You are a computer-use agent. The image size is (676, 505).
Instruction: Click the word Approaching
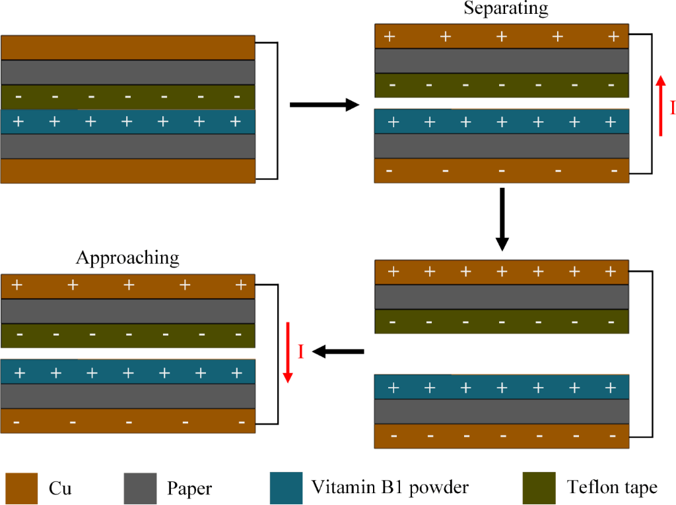click(x=127, y=257)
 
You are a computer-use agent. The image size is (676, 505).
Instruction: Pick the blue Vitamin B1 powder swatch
click(x=287, y=488)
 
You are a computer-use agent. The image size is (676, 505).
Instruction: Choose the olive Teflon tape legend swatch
click(x=538, y=488)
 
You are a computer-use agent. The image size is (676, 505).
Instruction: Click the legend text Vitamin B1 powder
click(x=390, y=488)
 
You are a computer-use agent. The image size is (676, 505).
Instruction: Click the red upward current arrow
click(x=661, y=105)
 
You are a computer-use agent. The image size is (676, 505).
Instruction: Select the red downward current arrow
click(x=288, y=352)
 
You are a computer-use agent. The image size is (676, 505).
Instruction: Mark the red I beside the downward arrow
click(x=300, y=352)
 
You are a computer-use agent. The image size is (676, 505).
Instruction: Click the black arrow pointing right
click(x=324, y=104)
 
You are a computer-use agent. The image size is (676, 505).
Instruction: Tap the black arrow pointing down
click(x=502, y=219)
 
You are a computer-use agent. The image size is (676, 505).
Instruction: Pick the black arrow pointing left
click(x=337, y=352)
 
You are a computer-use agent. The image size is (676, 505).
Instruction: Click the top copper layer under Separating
click(x=502, y=36)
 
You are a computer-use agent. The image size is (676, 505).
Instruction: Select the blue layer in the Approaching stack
click(x=128, y=372)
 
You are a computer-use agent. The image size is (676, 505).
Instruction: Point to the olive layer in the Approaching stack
click(x=128, y=336)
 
